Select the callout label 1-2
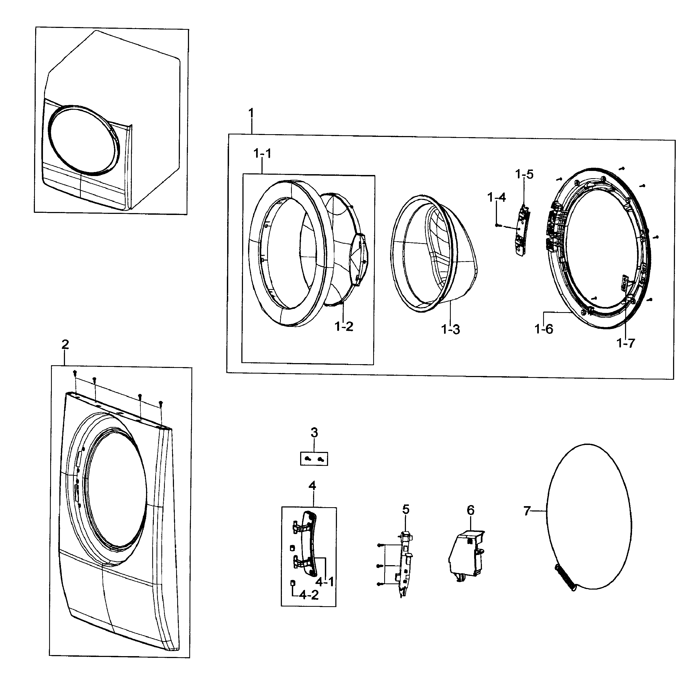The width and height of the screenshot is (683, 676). [x=344, y=326]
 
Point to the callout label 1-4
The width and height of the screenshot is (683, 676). [x=496, y=197]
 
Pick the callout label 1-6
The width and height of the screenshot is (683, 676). [x=543, y=329]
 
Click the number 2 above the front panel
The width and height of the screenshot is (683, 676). [x=65, y=344]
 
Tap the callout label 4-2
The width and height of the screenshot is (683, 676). [x=309, y=595]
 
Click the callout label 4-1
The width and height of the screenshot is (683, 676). [x=325, y=581]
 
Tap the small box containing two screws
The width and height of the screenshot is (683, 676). [x=314, y=459]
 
